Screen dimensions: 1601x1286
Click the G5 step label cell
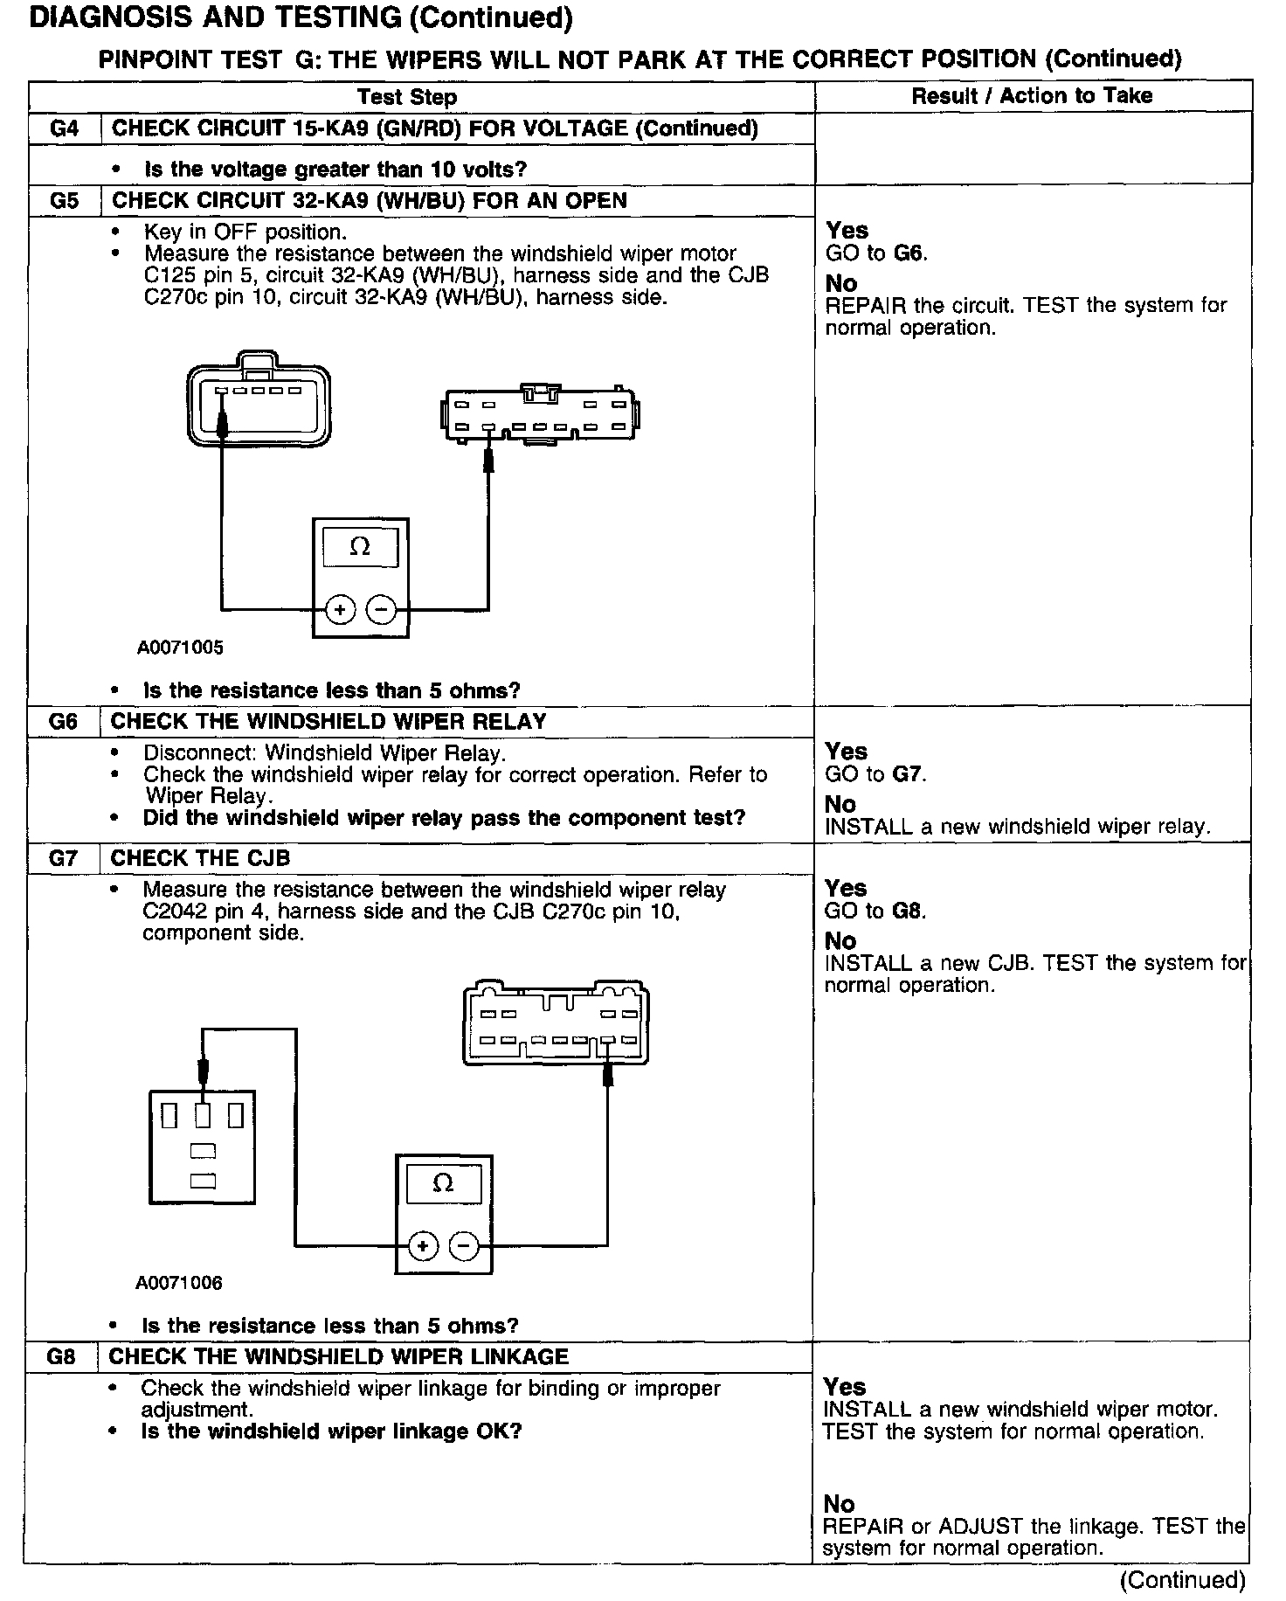point(65,201)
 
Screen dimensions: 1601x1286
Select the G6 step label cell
point(64,722)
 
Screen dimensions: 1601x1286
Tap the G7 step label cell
point(64,858)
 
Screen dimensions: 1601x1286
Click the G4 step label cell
point(65,128)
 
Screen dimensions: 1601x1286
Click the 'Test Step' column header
point(407,97)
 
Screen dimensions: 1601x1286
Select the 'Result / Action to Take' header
point(1032,96)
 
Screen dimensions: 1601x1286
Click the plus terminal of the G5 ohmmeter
point(341,609)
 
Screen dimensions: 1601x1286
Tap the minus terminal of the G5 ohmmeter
point(380,609)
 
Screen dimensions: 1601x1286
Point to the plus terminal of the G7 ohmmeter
point(424,1245)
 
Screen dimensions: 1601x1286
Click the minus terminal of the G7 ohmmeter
point(463,1245)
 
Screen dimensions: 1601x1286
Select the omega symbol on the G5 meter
point(360,547)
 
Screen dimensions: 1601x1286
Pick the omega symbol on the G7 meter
point(443,1183)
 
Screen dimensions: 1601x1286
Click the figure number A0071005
point(180,648)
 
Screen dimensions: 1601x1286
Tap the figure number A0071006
point(179,1283)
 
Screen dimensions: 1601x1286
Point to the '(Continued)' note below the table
point(1182,1580)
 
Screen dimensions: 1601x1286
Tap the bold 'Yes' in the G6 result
point(846,752)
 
